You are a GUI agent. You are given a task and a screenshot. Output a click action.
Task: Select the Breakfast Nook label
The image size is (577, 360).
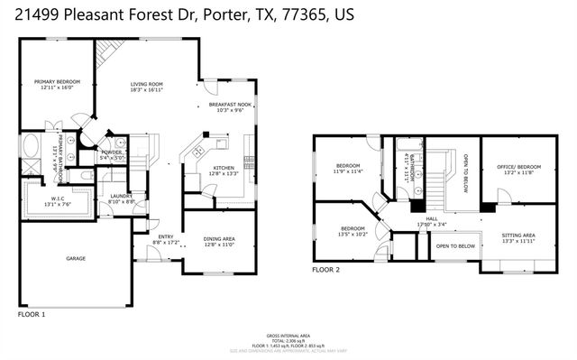click(x=229, y=104)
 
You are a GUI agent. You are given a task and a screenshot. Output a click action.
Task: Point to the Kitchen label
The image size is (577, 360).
click(x=224, y=168)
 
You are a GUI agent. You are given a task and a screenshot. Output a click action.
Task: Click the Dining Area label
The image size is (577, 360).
click(x=220, y=237)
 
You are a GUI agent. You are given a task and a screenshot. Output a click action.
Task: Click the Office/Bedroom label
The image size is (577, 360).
click(x=518, y=166)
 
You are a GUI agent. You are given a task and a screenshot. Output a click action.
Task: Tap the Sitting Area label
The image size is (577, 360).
click(x=518, y=235)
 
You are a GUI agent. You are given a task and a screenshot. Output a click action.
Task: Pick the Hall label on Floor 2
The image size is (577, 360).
click(x=433, y=219)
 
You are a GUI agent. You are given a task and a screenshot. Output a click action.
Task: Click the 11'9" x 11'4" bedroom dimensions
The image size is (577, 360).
click(x=349, y=171)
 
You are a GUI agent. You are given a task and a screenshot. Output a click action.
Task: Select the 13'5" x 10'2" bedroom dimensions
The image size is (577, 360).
click(x=353, y=234)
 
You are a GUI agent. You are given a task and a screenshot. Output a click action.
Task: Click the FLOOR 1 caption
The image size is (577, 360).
click(x=32, y=315)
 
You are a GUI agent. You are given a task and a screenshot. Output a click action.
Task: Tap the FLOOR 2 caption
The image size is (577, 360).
click(x=326, y=270)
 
